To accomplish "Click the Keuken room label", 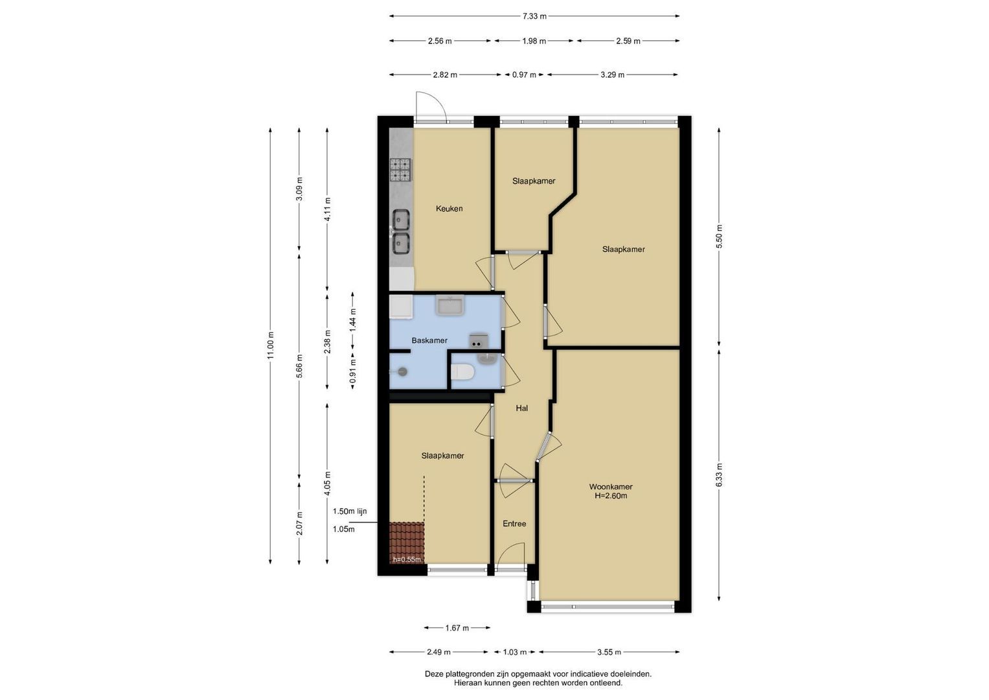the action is tap(449, 209).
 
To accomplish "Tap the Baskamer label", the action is tap(429, 340).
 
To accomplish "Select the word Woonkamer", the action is tap(611, 487).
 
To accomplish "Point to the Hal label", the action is tap(522, 408).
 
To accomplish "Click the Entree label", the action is tap(514, 524).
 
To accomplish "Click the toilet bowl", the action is tap(462, 371).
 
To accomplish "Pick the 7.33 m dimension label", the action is tap(534, 16).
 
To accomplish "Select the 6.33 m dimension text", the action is tap(719, 475).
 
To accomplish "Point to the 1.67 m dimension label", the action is tap(457, 627).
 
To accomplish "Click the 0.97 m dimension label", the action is tap(524, 75).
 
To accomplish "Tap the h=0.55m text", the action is tap(407, 559).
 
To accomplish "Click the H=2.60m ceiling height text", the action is tap(611, 496).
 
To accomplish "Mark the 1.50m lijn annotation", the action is tap(350, 511).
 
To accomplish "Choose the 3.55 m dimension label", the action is tap(609, 652).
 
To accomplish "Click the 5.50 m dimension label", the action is tap(719, 237).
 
